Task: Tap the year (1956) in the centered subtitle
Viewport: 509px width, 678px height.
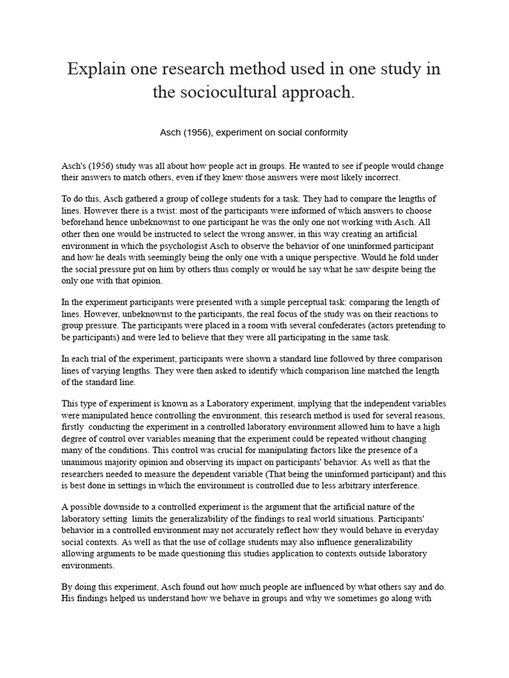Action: [197, 132]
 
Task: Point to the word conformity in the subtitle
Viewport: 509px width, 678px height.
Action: [325, 132]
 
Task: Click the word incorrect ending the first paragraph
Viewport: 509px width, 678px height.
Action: [379, 178]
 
